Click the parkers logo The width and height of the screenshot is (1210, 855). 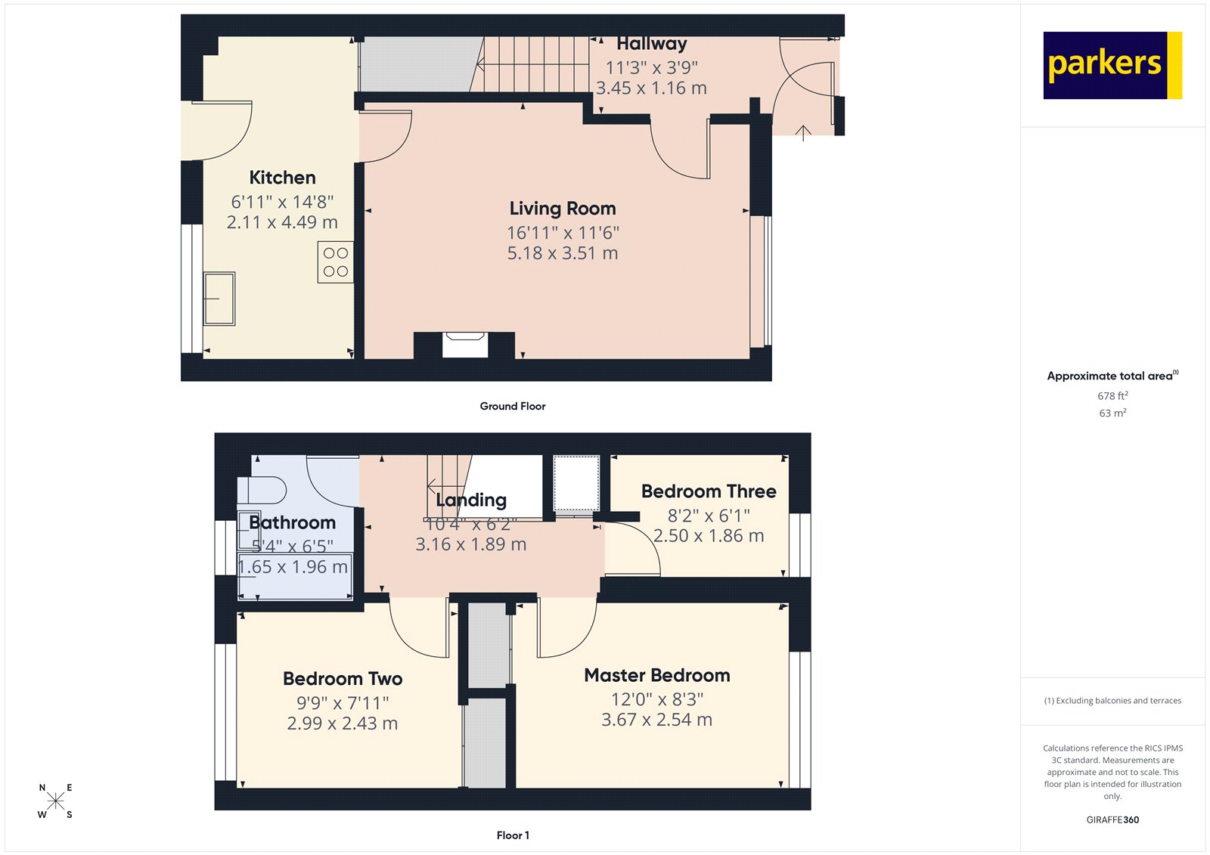pyautogui.click(x=1112, y=65)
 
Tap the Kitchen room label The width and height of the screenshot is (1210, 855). pyautogui.click(x=282, y=178)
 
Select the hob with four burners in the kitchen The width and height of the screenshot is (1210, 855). pyautogui.click(x=336, y=262)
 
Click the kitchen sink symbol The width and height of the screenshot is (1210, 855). pyautogui.click(x=219, y=299)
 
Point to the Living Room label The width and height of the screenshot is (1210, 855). pyautogui.click(x=563, y=209)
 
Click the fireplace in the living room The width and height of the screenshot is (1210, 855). pyautogui.click(x=464, y=345)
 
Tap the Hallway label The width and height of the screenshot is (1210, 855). pyautogui.click(x=651, y=45)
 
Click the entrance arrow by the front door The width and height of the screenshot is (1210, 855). pyautogui.click(x=803, y=133)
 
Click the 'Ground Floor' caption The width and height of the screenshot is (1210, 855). pyautogui.click(x=512, y=407)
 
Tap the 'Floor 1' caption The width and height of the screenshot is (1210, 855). pyautogui.click(x=513, y=835)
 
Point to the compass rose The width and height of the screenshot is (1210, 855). pyautogui.click(x=56, y=801)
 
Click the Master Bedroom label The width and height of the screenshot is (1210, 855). pyautogui.click(x=656, y=675)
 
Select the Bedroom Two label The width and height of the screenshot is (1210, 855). pyautogui.click(x=343, y=679)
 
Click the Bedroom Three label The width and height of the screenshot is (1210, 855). pyautogui.click(x=709, y=491)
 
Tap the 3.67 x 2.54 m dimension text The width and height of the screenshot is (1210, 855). pyautogui.click(x=656, y=720)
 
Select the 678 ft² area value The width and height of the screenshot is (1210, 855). pyautogui.click(x=1112, y=396)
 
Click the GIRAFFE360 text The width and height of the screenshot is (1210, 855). pyautogui.click(x=1112, y=819)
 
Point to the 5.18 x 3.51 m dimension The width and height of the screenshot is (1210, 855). pyautogui.click(x=563, y=253)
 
